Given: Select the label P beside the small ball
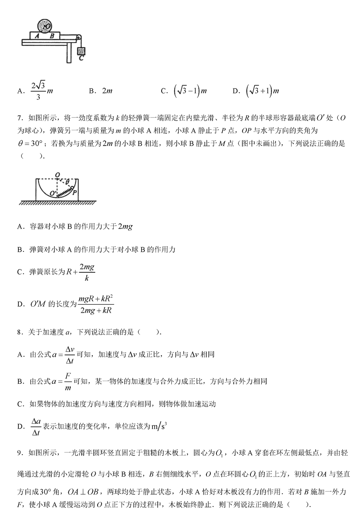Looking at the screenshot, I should point(74,193).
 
